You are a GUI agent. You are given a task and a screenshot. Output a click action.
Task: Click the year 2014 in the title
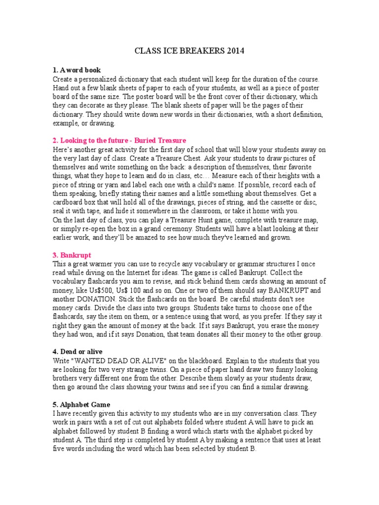235,51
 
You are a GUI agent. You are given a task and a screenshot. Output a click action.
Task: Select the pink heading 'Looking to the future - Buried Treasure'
123,141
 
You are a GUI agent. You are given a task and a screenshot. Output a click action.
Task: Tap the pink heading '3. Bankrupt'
72,255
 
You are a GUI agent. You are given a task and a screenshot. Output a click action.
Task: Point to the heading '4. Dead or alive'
78,351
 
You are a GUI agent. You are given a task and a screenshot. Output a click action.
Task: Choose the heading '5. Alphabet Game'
81,404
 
